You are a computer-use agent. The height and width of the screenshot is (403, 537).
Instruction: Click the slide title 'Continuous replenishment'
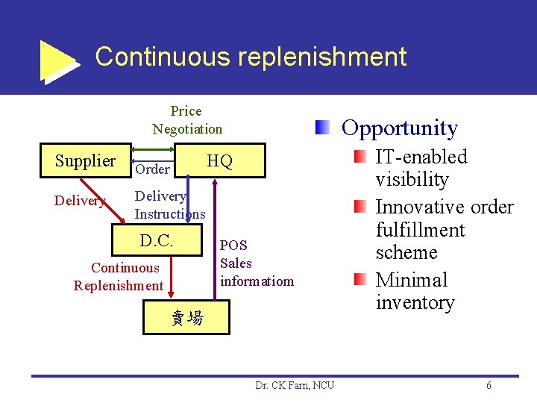[251, 57]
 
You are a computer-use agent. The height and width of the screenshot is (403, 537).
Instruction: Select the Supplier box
[85, 161]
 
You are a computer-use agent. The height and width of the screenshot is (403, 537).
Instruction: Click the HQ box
[219, 162]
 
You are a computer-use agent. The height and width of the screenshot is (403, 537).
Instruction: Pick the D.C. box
[157, 241]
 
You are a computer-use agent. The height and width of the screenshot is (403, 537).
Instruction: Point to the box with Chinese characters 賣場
[186, 318]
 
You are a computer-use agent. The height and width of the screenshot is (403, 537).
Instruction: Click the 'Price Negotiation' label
[187, 120]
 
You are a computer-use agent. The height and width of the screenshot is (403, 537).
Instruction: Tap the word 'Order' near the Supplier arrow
[153, 169]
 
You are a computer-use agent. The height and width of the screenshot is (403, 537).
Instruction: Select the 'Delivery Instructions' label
[169, 205]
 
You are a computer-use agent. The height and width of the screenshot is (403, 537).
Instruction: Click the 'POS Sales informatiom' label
[257, 263]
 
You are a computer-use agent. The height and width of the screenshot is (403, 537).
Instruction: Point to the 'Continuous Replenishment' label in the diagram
[118, 277]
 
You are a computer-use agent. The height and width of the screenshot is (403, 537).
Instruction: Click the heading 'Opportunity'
[399, 128]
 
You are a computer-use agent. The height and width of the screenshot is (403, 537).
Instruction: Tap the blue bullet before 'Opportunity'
[321, 127]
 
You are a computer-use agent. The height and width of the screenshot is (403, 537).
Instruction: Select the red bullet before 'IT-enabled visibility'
[360, 157]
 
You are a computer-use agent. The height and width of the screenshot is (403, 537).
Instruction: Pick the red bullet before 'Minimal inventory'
[360, 280]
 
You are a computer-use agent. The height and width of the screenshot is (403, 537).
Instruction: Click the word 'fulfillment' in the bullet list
[420, 230]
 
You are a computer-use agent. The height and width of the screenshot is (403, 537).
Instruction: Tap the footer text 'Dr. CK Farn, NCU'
[295, 385]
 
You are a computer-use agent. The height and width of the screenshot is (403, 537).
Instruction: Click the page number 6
[489, 385]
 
